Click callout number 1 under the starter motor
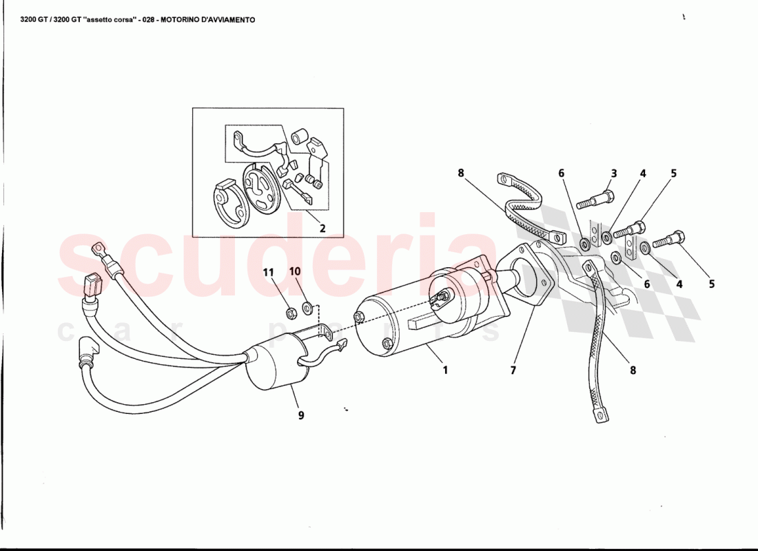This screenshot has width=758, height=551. [445, 370]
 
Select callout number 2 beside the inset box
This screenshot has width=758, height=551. [321, 229]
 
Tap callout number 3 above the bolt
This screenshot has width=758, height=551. [613, 174]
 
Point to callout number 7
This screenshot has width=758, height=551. [513, 370]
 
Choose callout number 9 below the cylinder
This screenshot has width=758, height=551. [300, 415]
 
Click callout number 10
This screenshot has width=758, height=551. [294, 271]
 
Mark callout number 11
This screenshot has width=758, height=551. [268, 272]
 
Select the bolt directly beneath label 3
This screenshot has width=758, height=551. [596, 201]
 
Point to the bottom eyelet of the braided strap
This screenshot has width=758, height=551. [601, 416]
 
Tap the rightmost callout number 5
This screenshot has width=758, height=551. [711, 283]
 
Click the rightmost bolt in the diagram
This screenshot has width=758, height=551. [668, 240]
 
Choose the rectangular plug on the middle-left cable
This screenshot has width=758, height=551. [92, 284]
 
